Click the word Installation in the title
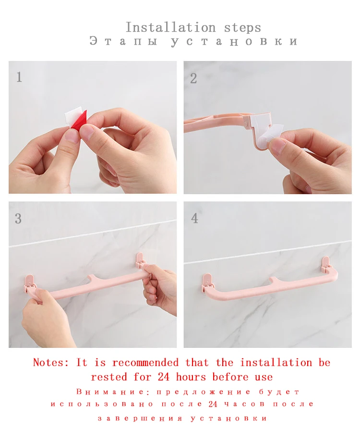coord(170,27)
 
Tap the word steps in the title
coord(242,28)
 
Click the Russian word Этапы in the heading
coord(123,41)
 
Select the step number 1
coord(19,77)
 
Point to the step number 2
coord(193,78)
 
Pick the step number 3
coord(18,219)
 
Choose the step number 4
coord(194,218)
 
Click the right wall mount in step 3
coord(140,260)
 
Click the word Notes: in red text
coord(51,363)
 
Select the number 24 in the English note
coord(164,377)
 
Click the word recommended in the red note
coord(145,363)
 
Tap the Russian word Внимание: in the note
coord(113,392)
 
